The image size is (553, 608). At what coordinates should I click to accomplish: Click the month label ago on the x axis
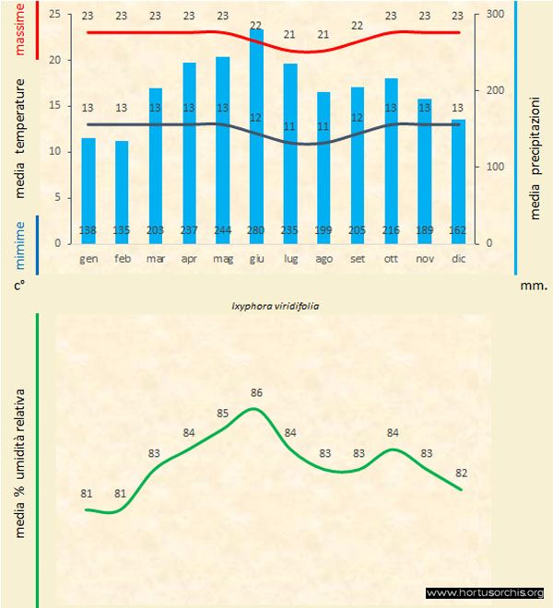point(324,259)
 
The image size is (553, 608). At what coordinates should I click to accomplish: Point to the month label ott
point(391,259)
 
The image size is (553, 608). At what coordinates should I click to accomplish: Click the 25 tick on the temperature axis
point(53,15)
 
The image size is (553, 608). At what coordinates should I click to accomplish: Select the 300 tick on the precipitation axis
point(495,15)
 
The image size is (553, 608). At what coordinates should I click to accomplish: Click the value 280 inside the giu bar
point(256,230)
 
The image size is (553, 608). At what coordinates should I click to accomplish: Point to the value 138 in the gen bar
point(88,230)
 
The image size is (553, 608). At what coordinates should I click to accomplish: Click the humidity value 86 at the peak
point(257,393)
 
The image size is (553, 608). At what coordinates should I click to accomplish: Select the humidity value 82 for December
point(462,474)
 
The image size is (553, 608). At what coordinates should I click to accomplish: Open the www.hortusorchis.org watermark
point(485,592)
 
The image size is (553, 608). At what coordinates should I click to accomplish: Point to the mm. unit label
point(534,286)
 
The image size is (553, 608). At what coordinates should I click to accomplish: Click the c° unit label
point(19,286)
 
